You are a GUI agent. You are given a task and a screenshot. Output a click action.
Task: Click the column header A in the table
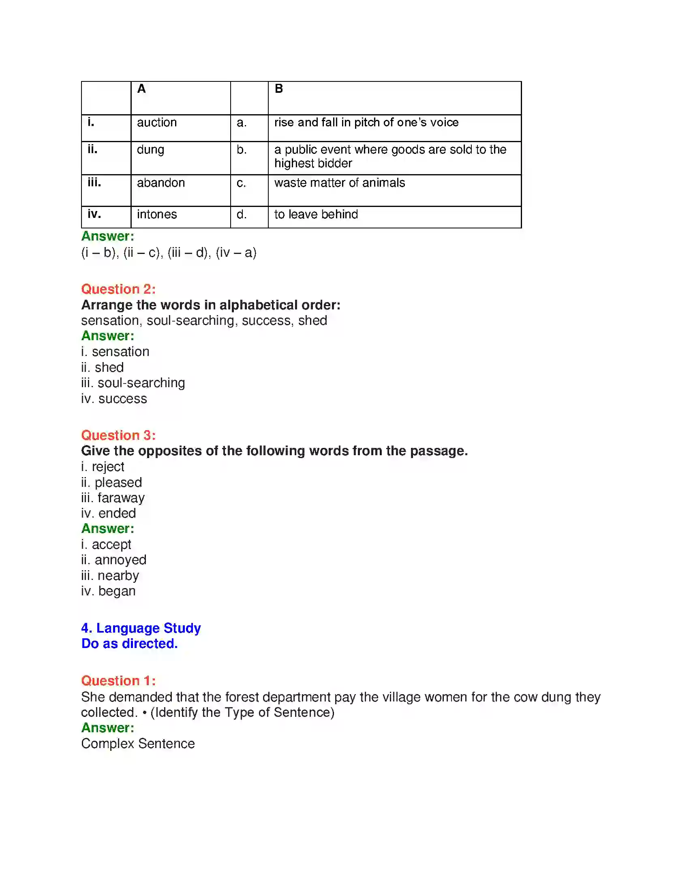click(141, 89)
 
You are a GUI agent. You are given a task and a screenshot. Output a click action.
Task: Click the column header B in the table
click(279, 89)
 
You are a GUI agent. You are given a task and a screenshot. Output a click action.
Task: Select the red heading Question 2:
click(118, 289)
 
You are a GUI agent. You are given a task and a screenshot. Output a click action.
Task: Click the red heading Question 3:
click(118, 435)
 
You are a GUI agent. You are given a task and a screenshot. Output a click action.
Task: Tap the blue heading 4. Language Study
click(141, 628)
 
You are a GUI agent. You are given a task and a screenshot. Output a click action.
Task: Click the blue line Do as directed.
click(129, 644)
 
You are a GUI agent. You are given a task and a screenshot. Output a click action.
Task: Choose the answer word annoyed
click(120, 560)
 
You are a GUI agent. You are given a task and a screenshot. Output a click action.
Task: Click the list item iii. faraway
click(113, 498)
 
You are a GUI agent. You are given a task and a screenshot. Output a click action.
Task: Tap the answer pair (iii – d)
click(189, 253)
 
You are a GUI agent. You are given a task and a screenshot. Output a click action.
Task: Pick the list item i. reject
click(103, 466)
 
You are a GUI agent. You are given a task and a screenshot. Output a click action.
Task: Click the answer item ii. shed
click(102, 367)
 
